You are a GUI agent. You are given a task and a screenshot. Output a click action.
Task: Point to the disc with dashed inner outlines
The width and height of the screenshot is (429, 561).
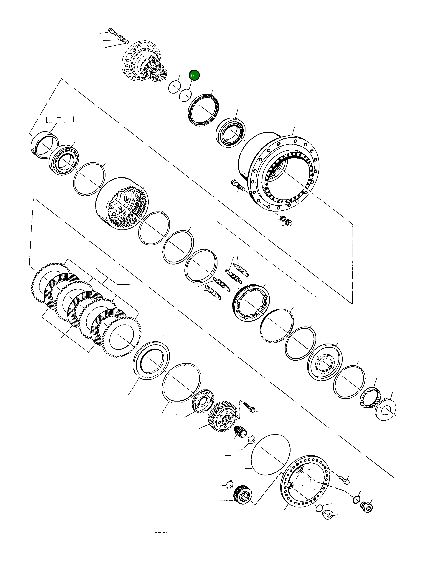(x=325, y=362)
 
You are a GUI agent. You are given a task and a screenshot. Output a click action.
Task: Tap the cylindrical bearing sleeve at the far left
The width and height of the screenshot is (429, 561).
(x=44, y=145)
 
